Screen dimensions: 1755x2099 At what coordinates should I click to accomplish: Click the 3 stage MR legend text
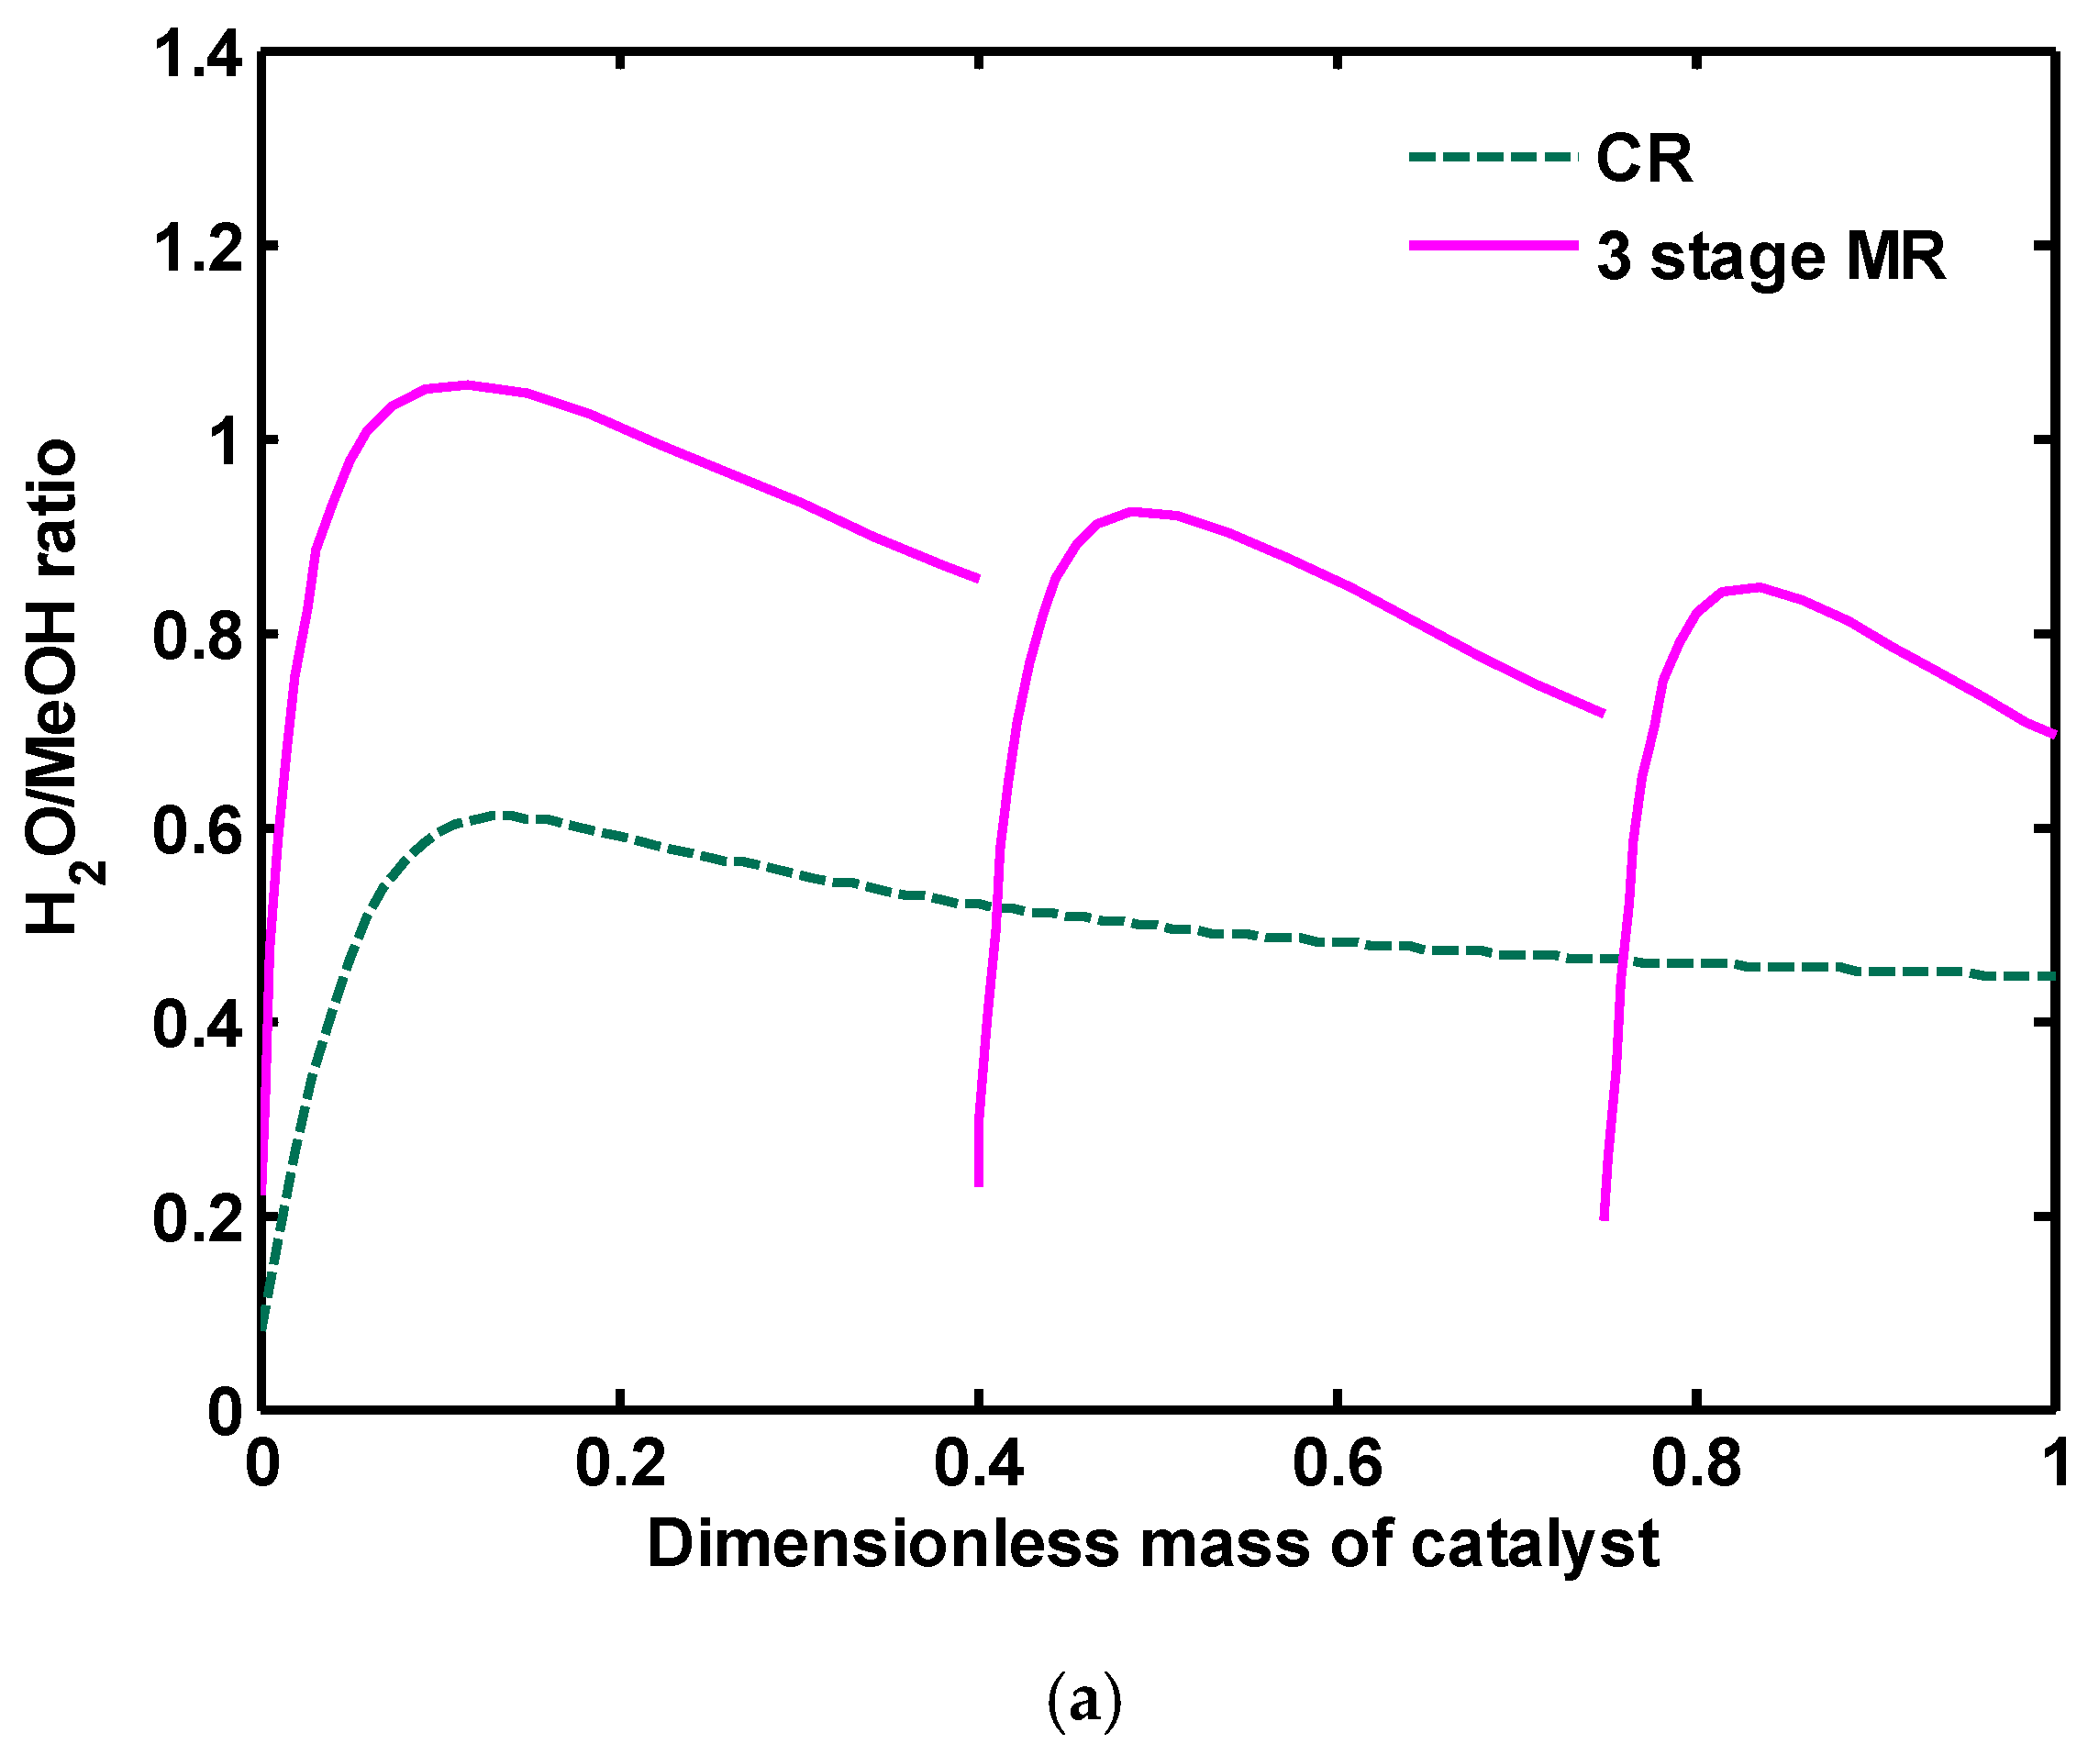[1771, 257]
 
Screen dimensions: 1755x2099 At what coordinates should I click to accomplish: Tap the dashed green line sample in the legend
[1493, 157]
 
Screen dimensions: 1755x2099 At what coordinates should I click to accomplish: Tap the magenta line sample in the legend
[1493, 246]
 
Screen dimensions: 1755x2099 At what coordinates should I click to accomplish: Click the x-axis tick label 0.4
[979, 1464]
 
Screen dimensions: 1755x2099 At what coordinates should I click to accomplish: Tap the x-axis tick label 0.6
[1337, 1464]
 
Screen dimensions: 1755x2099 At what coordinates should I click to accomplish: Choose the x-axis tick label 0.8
[1695, 1464]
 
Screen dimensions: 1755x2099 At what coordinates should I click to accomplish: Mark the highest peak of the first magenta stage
[467, 384]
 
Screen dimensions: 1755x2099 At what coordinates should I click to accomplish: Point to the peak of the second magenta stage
[1132, 512]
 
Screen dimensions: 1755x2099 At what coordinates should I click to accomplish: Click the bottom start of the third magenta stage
[1604, 1217]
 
